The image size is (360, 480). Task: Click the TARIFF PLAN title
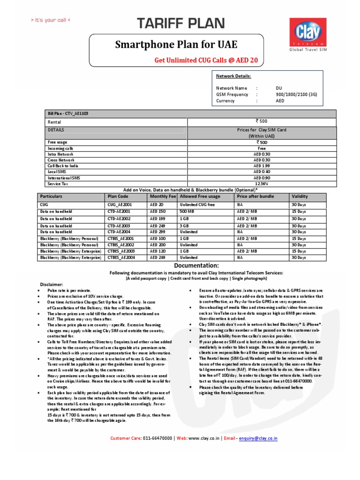point(180,23)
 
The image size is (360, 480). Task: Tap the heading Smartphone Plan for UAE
point(177,45)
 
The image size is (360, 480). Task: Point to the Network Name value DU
point(279,88)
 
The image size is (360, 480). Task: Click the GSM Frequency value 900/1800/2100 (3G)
point(296,94)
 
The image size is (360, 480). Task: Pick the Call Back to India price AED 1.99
point(261,166)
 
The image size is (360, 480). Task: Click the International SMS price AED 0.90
point(261,178)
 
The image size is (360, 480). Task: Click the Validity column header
point(300,197)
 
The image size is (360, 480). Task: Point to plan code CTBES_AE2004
point(121,257)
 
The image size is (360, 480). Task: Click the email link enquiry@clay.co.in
point(258,438)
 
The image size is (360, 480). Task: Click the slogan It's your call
point(51,20)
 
